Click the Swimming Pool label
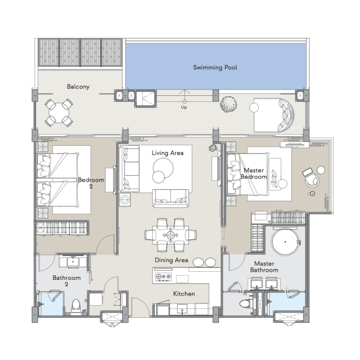click(215, 67)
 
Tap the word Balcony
click(78, 86)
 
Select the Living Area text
click(167, 153)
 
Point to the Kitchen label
click(184, 294)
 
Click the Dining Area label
click(171, 260)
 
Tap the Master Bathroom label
click(264, 267)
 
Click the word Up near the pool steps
click(184, 107)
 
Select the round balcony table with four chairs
click(59, 113)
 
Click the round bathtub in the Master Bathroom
click(285, 242)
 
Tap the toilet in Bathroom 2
click(76, 306)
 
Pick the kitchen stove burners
click(163, 277)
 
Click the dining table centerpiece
click(171, 235)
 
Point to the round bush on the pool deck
click(228, 104)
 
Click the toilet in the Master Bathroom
click(246, 303)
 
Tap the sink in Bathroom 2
click(73, 262)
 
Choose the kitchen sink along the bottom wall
click(182, 310)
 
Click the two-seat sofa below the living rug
click(171, 198)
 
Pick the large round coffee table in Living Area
click(163, 168)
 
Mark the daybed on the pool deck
click(274, 116)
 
